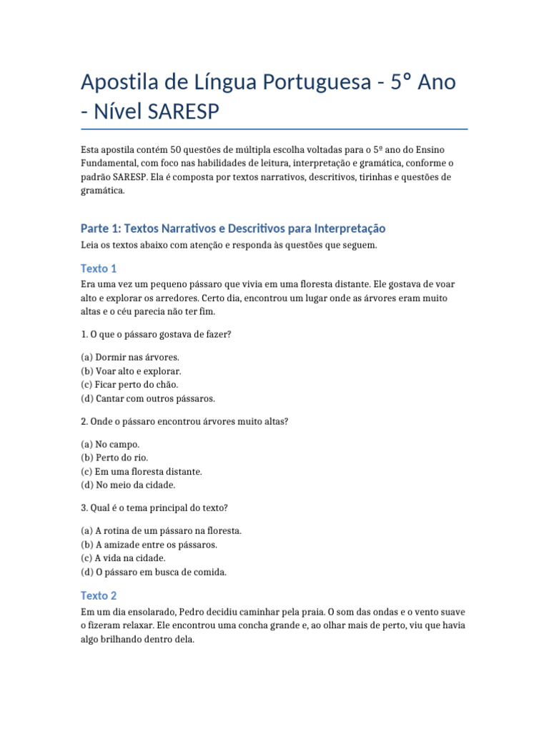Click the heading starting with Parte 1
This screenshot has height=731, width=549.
point(233,228)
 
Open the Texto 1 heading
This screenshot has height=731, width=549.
point(99,268)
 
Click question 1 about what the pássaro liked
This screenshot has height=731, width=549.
point(156,333)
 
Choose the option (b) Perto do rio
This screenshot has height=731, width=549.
point(114,457)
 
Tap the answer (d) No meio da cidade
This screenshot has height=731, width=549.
point(127,485)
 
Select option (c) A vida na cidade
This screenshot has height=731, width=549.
point(123,558)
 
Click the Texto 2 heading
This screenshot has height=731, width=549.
point(99,595)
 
